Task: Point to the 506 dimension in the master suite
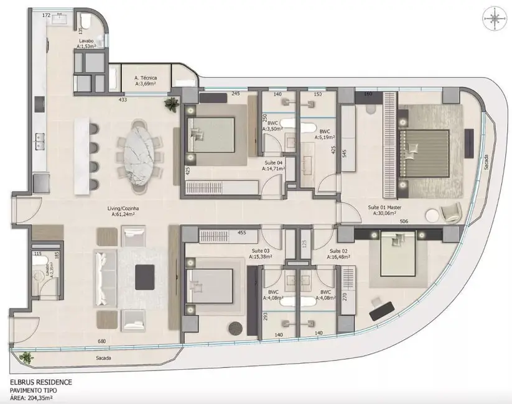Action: pos(404,221)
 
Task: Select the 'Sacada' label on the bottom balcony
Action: pos(104,359)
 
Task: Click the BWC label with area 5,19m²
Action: pos(325,135)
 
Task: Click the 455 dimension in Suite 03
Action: pos(243,234)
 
